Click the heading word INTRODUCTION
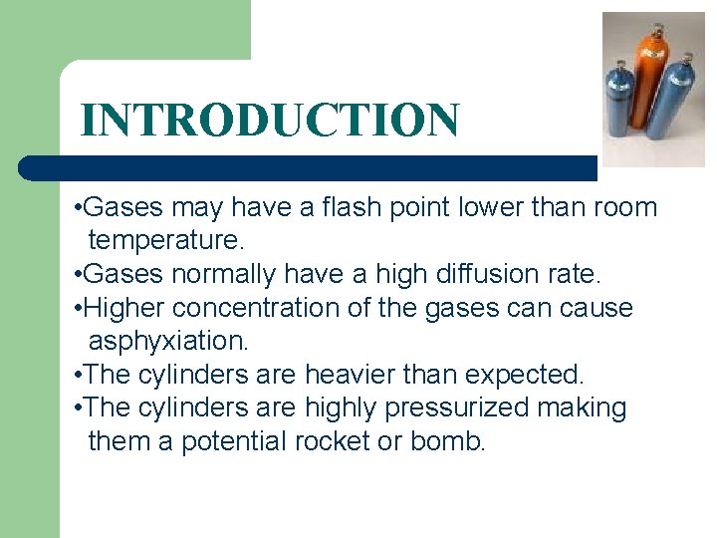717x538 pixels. tap(270, 120)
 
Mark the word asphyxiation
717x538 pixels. tap(168, 341)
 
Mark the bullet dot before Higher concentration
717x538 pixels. tap(79, 309)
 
